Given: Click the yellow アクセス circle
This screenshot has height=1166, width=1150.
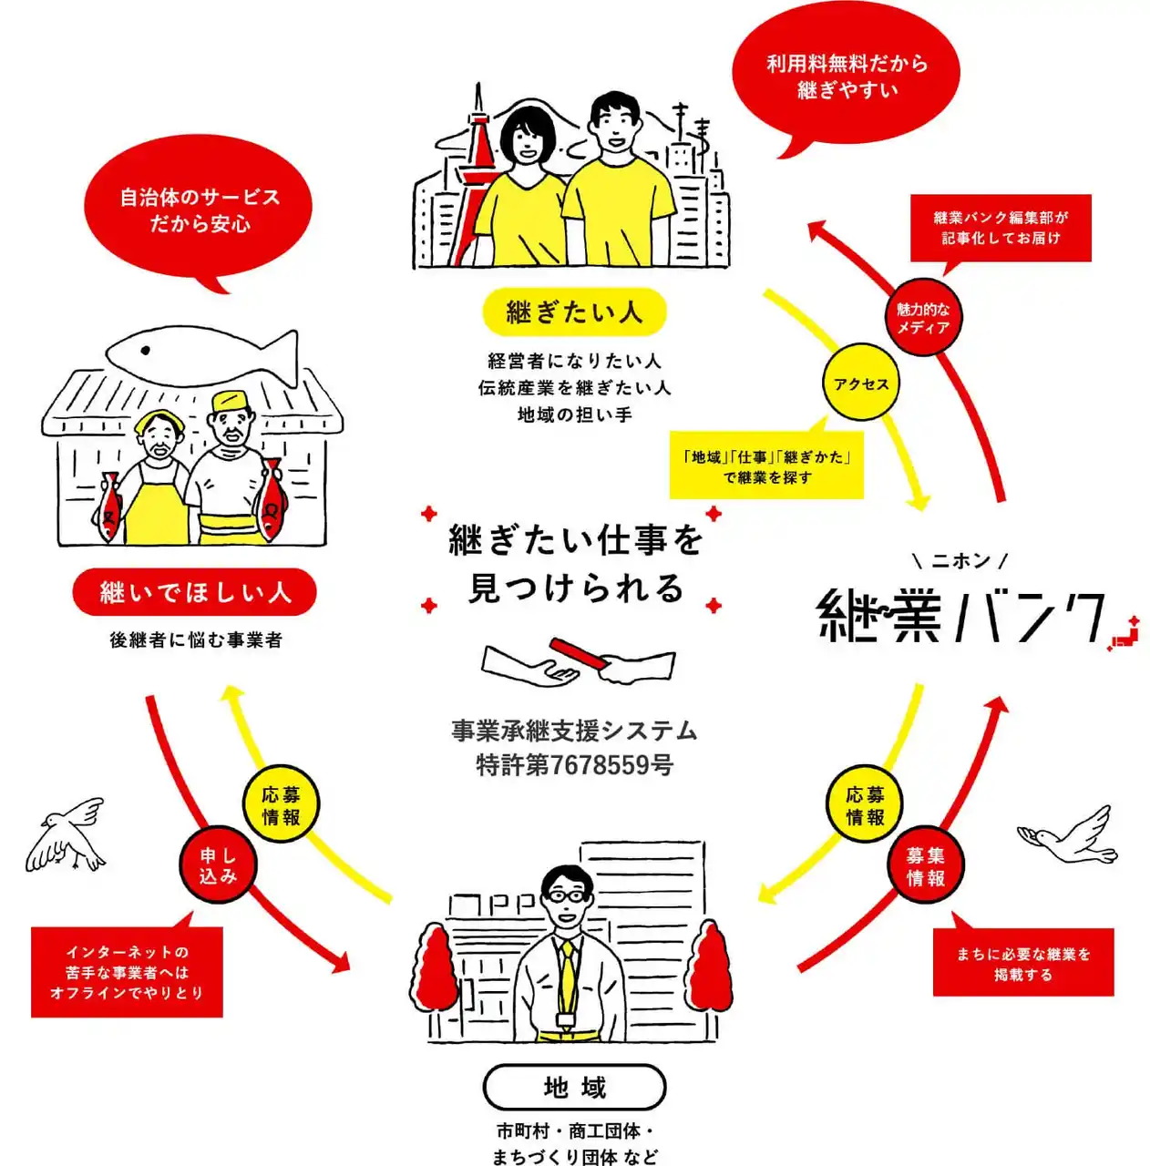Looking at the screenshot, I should click(x=860, y=384).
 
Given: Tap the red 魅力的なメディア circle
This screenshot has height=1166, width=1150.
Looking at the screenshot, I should click(x=922, y=318).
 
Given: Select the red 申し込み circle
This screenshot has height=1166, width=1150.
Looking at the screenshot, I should click(x=218, y=865).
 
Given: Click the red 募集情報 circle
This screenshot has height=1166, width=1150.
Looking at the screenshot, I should click(x=925, y=866).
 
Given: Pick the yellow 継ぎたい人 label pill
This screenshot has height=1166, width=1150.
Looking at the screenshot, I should click(x=574, y=312).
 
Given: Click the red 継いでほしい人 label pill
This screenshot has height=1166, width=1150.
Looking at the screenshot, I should click(x=195, y=593).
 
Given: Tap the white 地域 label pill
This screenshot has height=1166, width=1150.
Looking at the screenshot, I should click(x=574, y=1087).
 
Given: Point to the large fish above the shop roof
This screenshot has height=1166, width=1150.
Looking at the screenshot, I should click(x=205, y=356).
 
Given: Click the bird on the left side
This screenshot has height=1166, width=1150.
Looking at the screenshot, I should click(x=66, y=834).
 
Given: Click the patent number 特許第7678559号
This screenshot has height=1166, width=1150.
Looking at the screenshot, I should click(x=574, y=765).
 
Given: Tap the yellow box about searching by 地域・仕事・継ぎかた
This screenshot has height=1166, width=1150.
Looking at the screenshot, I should click(x=766, y=466).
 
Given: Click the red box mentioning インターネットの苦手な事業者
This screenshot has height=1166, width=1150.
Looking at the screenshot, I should click(x=127, y=972).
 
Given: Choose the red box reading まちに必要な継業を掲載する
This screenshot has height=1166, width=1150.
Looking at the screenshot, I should click(x=1022, y=963).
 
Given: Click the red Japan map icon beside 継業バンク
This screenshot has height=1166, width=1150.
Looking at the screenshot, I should click(x=1125, y=634).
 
